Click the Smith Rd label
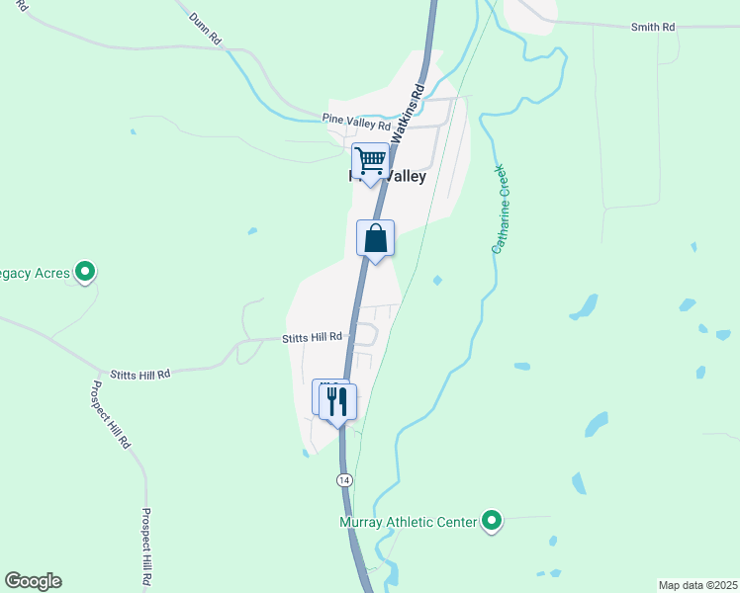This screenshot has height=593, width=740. click(x=653, y=27)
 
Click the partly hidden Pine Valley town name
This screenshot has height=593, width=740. click(x=389, y=177)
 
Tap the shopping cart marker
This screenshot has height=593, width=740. click(x=370, y=160)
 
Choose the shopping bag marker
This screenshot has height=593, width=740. click(x=376, y=238)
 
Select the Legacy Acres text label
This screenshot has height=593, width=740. click(x=35, y=273)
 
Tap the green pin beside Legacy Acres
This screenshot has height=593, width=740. click(x=85, y=270)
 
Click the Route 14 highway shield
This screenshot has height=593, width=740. click(x=343, y=479)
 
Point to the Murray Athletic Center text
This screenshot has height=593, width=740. click(x=409, y=521)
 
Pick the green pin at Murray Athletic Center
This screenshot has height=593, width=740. click(x=492, y=521)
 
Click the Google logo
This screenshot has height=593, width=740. click(x=34, y=581)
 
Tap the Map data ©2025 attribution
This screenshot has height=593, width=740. click(x=697, y=585)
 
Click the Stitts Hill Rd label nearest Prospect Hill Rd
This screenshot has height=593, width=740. click(x=139, y=374)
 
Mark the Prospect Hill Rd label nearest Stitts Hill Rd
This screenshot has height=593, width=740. click(x=110, y=415)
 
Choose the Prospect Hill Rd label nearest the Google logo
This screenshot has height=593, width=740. click(x=145, y=549)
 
